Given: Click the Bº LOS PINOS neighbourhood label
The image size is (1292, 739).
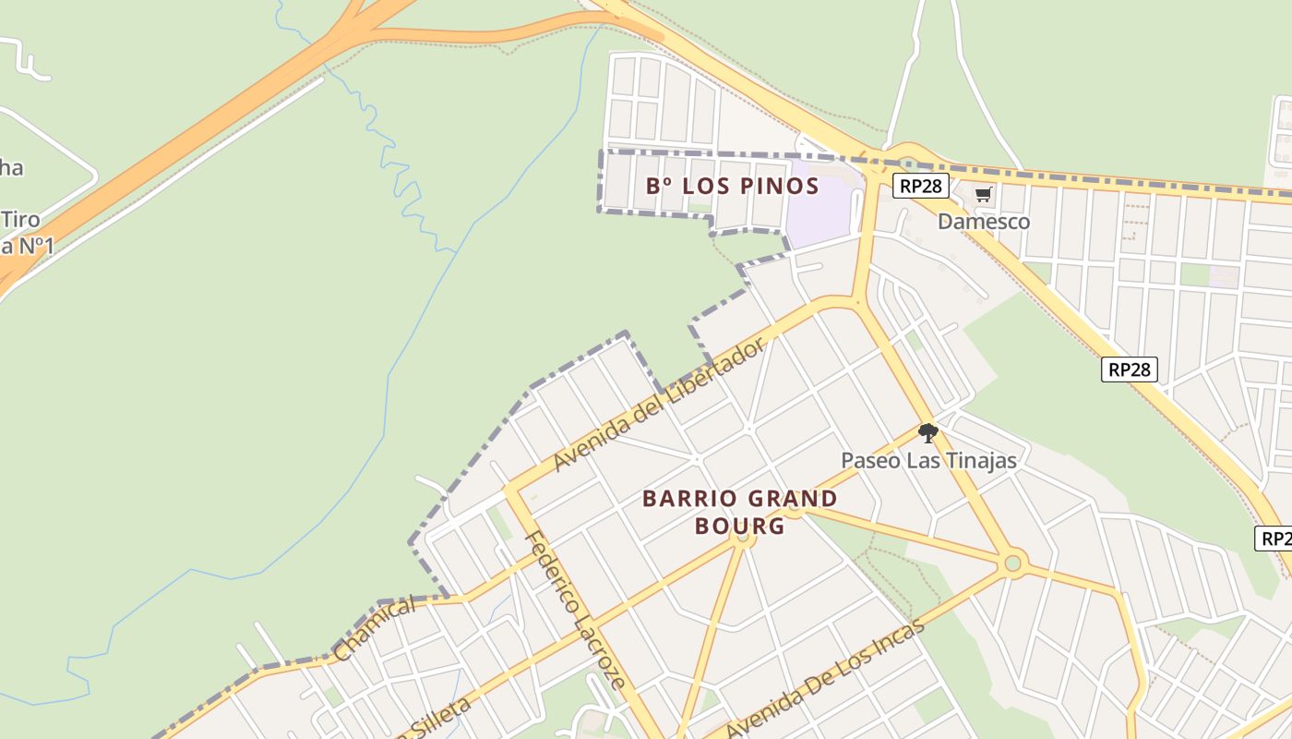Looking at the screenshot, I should (x=732, y=186).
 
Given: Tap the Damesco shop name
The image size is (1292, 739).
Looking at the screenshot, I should (x=984, y=222).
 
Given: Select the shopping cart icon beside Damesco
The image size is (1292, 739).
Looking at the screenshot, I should (x=984, y=195).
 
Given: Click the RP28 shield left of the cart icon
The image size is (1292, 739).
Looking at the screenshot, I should (x=921, y=186).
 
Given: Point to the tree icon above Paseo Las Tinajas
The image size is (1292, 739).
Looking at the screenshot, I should (x=927, y=432).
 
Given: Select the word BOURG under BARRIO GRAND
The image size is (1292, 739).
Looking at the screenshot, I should (x=739, y=527).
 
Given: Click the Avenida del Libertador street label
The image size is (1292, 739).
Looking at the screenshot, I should (x=660, y=404).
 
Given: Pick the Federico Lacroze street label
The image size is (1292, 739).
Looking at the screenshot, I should (x=575, y=611).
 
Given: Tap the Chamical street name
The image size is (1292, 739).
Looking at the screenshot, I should (x=375, y=629).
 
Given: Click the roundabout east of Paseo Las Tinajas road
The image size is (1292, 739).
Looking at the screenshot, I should (x=1012, y=562).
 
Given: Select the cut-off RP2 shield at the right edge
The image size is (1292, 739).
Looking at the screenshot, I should (x=1274, y=539).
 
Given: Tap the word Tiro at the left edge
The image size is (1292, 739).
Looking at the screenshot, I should (x=20, y=220).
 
